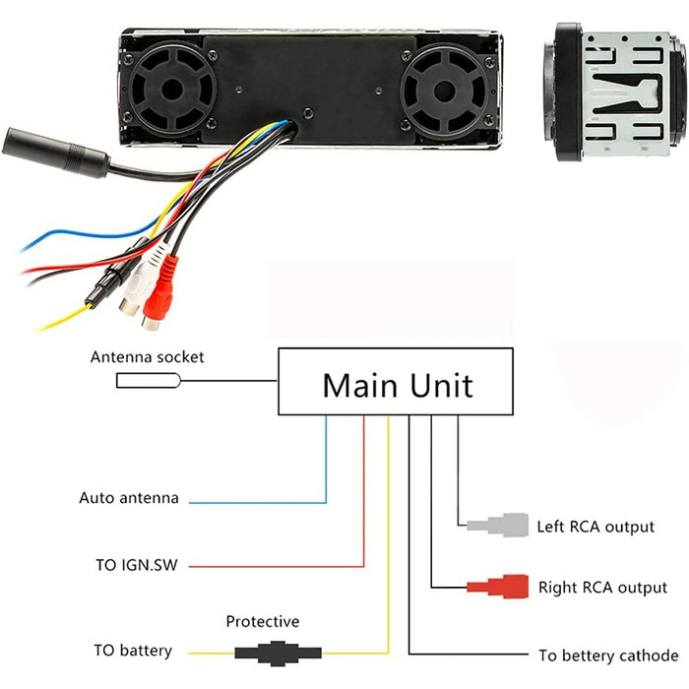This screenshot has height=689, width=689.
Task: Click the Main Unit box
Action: pyautogui.click(x=398, y=383)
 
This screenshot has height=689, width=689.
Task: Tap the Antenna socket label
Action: pyautogui.click(x=148, y=357)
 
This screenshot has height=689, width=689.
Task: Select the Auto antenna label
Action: pyautogui.click(x=129, y=498)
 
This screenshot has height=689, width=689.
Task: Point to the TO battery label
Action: pyautogui.click(x=133, y=651)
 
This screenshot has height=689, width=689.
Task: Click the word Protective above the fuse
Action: pyautogui.click(x=263, y=622)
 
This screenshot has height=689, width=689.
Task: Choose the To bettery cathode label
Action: pyautogui.click(x=608, y=656)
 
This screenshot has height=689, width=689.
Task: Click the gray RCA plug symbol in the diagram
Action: pyautogui.click(x=502, y=525)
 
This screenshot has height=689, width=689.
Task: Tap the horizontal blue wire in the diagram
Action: pyautogui.click(x=256, y=503)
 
